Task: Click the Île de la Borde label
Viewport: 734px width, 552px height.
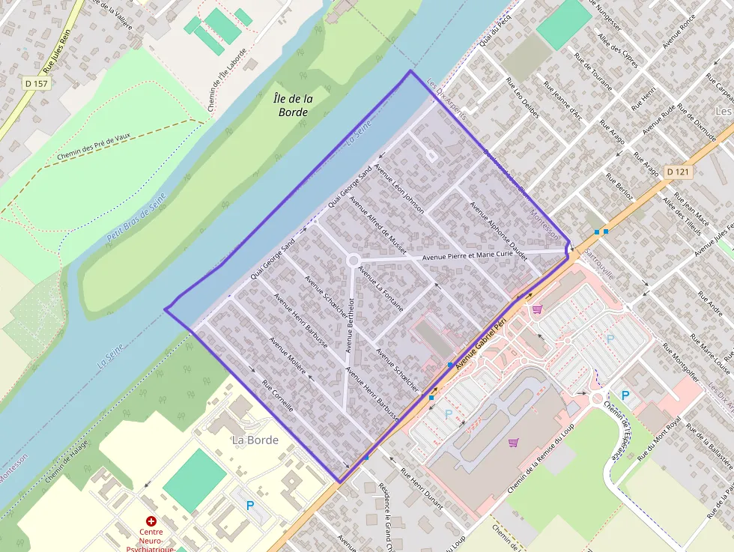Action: click(x=292, y=106)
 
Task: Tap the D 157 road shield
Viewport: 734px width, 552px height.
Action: click(x=35, y=83)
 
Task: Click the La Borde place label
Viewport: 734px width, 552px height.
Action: click(x=255, y=440)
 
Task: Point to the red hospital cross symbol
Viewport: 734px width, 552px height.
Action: click(x=151, y=521)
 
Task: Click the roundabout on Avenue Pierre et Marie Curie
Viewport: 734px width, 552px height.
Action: click(x=353, y=261)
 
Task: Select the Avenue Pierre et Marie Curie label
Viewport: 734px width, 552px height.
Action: click(x=468, y=255)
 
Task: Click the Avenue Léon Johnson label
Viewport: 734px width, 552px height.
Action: click(x=398, y=189)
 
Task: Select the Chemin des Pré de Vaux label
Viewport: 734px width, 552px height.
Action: click(x=94, y=148)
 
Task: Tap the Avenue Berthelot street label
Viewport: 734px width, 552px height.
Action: click(x=349, y=321)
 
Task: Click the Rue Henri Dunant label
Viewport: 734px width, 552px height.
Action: click(x=422, y=490)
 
